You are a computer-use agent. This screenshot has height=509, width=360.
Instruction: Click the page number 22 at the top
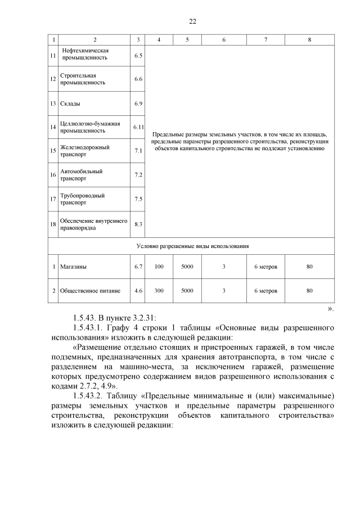coord(192,21)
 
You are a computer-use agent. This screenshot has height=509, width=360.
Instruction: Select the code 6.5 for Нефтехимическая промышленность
coord(138,56)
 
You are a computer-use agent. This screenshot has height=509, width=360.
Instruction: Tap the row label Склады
coord(70,104)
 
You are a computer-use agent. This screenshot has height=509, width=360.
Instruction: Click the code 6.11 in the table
coord(138,127)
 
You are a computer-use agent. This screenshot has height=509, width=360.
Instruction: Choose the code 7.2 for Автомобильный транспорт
coord(138,175)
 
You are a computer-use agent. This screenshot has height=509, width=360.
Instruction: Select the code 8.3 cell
coord(138,224)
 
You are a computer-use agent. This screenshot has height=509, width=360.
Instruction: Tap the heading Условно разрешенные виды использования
coord(192,246)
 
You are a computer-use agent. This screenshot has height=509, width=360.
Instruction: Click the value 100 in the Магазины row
coord(159,267)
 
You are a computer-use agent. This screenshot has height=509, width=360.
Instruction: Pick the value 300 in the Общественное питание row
coord(159,291)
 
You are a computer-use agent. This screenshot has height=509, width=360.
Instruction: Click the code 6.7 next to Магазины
coord(138,267)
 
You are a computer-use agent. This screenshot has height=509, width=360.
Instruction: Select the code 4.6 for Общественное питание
coord(138,291)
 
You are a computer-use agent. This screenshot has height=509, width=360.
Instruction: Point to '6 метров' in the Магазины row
coord(265,267)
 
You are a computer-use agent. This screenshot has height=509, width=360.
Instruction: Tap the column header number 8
coord(309,39)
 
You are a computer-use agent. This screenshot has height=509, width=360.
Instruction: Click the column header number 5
coord(187,39)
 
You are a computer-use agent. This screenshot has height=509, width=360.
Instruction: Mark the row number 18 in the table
coord(53,224)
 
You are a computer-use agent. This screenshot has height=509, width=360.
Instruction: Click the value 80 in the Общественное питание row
coord(309,291)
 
